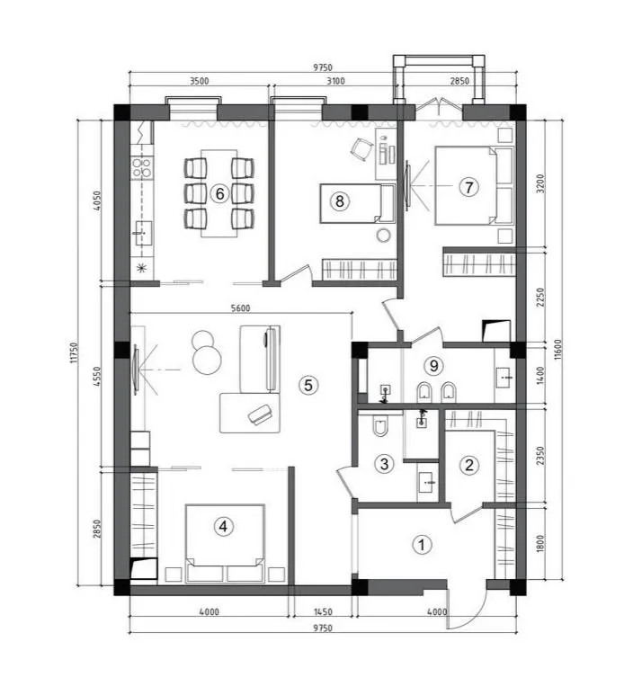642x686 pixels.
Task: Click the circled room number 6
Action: click(x=219, y=193)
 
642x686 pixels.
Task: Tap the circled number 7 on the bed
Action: click(x=468, y=187)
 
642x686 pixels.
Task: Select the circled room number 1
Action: click(x=422, y=545)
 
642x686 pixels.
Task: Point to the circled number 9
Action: click(x=433, y=365)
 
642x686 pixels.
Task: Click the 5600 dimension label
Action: click(x=240, y=308)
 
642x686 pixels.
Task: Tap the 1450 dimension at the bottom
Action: click(x=323, y=611)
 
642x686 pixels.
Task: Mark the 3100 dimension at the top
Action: click(x=335, y=81)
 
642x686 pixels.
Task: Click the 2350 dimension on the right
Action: click(x=541, y=455)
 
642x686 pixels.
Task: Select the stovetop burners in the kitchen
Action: click(x=142, y=168)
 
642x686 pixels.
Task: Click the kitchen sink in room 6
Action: click(x=142, y=233)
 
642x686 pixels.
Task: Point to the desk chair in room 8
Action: click(x=361, y=149)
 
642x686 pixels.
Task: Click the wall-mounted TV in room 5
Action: click(x=136, y=370)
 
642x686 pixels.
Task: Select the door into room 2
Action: click(x=467, y=512)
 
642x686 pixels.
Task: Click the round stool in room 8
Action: click(x=383, y=236)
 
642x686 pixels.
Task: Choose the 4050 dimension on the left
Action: click(x=97, y=200)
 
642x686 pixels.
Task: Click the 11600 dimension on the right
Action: click(x=557, y=350)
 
